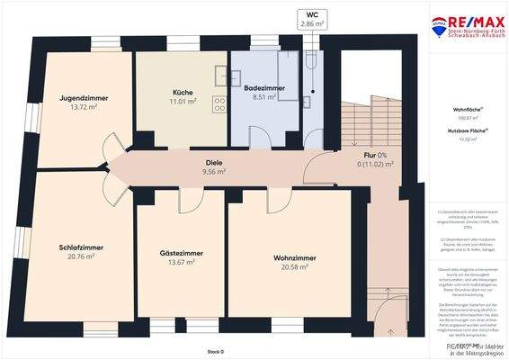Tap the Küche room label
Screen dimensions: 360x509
pos(183,93)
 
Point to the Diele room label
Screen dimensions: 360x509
pos(214,163)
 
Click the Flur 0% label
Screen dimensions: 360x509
pos(376,155)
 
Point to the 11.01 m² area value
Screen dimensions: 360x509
pos(183,103)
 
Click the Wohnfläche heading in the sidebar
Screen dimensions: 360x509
pos(466,109)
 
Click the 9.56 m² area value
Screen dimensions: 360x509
pos(214,172)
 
